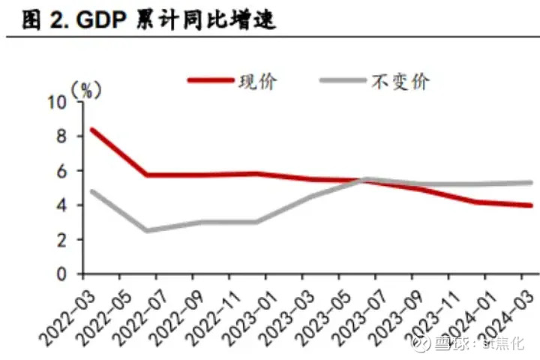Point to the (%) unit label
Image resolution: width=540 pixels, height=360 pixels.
[x=85, y=88]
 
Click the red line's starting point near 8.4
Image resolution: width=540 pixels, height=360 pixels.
[x=91, y=129]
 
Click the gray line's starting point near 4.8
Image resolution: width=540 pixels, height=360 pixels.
[x=91, y=190]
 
